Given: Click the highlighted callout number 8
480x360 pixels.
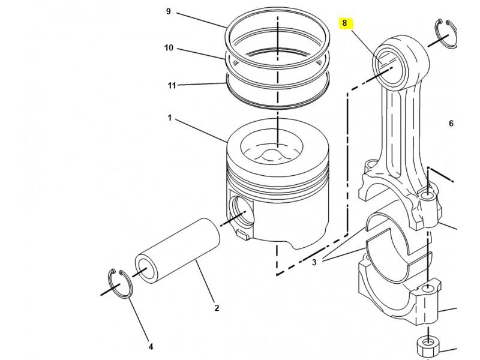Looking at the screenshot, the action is (345, 23).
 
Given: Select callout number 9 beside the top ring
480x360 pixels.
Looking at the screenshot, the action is (169, 11).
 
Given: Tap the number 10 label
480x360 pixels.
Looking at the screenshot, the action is (169, 48).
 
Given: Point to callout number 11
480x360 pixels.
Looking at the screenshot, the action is (172, 85).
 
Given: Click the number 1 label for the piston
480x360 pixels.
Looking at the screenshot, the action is (169, 118).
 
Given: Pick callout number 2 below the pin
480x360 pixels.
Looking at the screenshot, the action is (217, 308).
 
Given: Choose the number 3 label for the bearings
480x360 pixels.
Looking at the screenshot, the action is (314, 262).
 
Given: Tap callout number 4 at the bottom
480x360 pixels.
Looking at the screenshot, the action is (151, 347).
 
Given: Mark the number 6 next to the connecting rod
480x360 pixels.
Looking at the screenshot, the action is (451, 124).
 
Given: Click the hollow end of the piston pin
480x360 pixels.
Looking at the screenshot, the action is (146, 269).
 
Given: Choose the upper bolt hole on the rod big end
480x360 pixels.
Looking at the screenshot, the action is (428, 196).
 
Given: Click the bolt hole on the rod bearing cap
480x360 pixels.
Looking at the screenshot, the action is (428, 288).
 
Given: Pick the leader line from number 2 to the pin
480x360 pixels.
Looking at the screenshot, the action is (205, 281).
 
